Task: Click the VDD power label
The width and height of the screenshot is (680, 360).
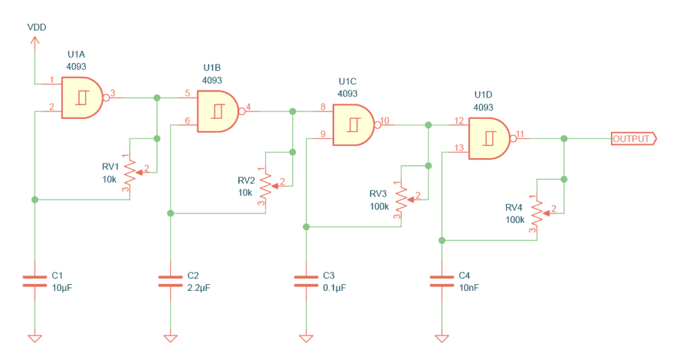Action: click(x=36, y=27)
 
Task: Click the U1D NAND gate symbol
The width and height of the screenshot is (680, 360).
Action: click(x=489, y=139)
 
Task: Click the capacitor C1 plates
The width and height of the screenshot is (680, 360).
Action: click(x=35, y=280)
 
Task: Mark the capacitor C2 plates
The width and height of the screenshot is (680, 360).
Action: click(x=170, y=280)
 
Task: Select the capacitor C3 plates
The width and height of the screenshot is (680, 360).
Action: click(x=305, y=280)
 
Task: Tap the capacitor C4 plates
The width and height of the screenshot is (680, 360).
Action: click(x=441, y=280)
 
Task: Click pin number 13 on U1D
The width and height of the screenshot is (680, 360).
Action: click(x=458, y=148)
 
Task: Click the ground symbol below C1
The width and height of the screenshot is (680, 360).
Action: click(x=35, y=337)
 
